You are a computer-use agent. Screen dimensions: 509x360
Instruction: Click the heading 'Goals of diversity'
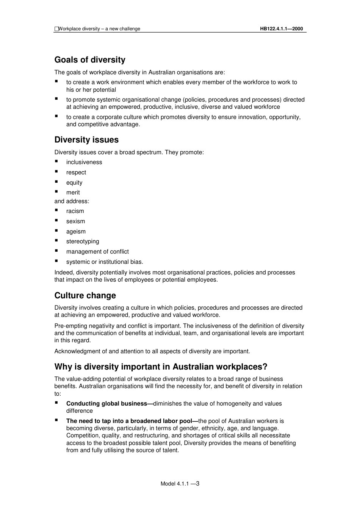pyautogui.click(x=90, y=60)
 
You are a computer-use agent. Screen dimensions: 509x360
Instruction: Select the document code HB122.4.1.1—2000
pyautogui.click(x=281, y=29)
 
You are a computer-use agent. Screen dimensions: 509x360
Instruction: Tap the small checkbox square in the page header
pyautogui.click(x=56, y=29)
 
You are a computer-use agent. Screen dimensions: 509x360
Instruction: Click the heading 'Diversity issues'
pyautogui.click(x=86, y=140)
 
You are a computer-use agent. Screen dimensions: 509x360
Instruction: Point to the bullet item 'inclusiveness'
pyautogui.click(x=84, y=162)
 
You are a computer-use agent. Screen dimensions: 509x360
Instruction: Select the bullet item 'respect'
pyautogui.click(x=76, y=172)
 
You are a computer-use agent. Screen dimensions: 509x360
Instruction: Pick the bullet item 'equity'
pyautogui.click(x=74, y=183)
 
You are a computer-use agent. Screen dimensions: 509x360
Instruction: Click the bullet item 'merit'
pyautogui.click(x=73, y=193)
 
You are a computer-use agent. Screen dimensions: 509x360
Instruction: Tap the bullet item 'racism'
pyautogui.click(x=75, y=211)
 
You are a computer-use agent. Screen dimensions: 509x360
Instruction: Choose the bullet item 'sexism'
pyautogui.click(x=76, y=221)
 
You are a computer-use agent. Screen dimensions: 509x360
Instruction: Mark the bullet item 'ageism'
pyautogui.click(x=76, y=232)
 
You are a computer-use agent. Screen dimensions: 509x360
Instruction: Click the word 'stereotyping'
pyautogui.click(x=83, y=241)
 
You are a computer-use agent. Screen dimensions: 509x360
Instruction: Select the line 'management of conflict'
pyautogui.click(x=97, y=252)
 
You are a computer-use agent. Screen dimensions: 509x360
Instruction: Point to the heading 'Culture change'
pyautogui.click(x=85, y=296)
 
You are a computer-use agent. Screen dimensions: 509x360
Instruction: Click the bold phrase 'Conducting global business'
pyautogui.click(x=106, y=404)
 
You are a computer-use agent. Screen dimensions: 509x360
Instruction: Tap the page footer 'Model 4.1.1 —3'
pyautogui.click(x=180, y=484)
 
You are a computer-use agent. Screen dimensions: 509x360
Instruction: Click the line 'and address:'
pyautogui.click(x=72, y=201)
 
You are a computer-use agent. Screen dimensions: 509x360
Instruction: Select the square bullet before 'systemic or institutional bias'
pyautogui.click(x=56, y=261)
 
